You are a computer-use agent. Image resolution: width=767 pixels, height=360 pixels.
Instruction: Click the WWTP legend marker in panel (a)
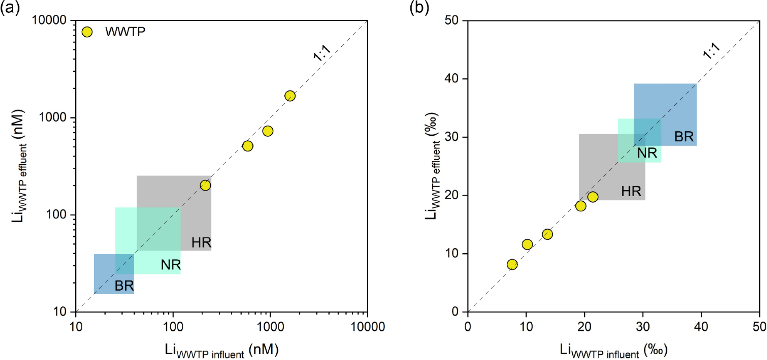(87, 32)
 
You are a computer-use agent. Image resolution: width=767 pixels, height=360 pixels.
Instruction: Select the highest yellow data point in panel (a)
(290, 96)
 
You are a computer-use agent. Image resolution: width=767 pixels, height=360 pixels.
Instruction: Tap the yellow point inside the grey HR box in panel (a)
(205, 185)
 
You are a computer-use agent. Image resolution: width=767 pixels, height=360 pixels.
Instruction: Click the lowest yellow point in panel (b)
(512, 264)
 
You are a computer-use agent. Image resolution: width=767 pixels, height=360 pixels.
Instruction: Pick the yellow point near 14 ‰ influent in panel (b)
(547, 234)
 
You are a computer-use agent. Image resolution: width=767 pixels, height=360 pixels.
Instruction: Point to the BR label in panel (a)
(124, 286)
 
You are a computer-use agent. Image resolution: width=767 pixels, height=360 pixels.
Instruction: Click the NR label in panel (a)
(170, 265)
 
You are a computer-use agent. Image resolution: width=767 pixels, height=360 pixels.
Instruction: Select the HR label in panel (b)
(631, 192)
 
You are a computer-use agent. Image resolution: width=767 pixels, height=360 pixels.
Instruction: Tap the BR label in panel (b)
(684, 137)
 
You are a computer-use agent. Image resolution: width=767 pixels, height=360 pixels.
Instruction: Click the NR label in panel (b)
(647, 153)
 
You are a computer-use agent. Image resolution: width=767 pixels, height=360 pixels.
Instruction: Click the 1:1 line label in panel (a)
(322, 53)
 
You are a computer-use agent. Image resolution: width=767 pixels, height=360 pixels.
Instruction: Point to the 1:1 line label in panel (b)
(711, 51)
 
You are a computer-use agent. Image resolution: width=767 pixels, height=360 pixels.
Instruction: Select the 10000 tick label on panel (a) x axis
(368, 326)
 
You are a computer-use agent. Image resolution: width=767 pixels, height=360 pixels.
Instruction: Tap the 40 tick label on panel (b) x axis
(701, 326)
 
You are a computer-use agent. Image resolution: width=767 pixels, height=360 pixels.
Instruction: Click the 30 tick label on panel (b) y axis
(451, 137)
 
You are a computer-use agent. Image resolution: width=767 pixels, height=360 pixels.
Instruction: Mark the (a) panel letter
(10, 7)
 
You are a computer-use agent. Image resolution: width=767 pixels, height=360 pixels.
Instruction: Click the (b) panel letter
(419, 7)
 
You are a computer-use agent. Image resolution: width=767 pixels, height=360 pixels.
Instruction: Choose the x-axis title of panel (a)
(222, 350)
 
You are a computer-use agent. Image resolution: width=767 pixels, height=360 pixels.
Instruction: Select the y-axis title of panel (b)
(432, 166)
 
